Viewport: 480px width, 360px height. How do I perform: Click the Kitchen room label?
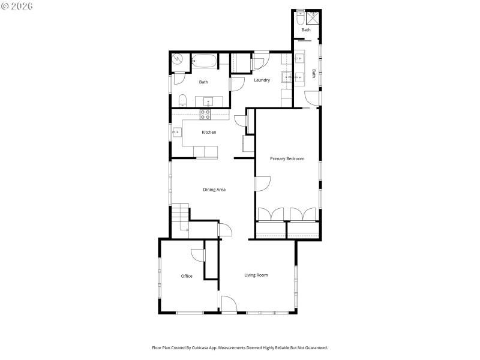point(209,132)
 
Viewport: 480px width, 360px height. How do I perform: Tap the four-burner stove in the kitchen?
point(205,113)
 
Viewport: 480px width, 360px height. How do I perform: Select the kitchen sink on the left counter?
point(178,133)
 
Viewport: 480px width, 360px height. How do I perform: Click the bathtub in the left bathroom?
point(204,61)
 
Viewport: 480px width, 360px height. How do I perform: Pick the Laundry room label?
point(262,80)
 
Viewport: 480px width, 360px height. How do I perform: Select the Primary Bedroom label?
point(287,159)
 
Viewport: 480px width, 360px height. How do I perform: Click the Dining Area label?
point(214,190)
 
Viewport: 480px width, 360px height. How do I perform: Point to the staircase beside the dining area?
point(180,217)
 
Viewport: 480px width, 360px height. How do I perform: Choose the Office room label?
point(187,276)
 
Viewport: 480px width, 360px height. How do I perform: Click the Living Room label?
point(256,275)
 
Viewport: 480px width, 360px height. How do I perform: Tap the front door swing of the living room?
point(229,304)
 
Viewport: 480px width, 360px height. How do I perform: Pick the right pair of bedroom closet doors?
point(303,215)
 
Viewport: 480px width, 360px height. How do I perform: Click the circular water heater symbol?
point(178,59)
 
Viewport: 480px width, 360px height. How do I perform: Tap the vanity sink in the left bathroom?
point(208,100)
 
